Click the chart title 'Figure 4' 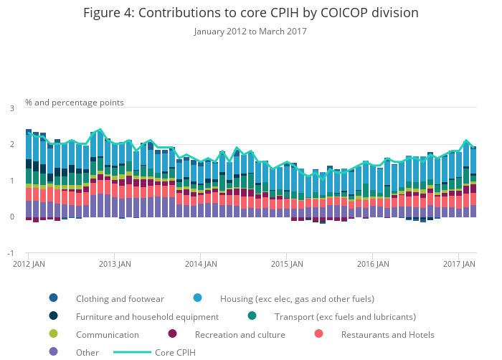250,13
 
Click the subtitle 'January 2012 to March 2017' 250,32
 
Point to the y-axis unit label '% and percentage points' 75,103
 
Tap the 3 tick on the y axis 11,108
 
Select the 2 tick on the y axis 11,145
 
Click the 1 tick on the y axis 11,181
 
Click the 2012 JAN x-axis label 29,265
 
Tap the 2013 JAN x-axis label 115,265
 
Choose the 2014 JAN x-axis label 201,265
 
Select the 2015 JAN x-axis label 287,265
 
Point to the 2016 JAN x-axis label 373,265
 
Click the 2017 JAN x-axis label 460,265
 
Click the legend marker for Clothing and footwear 54,298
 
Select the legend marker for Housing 198,298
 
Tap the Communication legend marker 54,334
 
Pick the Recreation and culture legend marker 173,334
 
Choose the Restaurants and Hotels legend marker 319,334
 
